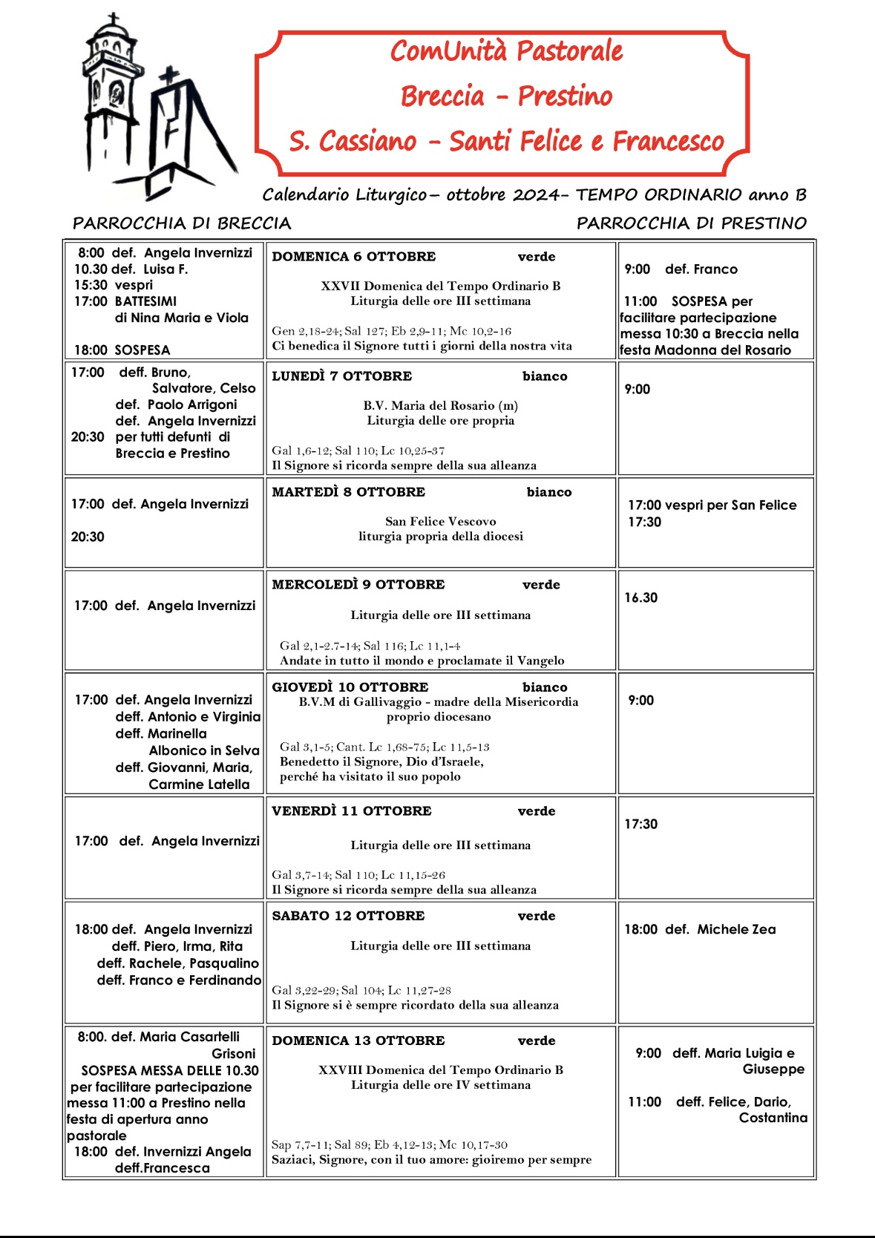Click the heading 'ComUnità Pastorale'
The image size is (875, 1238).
pos(506,51)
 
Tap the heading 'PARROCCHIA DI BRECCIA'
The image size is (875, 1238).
pos(182,223)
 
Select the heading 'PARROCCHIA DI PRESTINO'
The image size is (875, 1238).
pos(691,223)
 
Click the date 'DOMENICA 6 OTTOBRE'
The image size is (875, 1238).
pos(354,257)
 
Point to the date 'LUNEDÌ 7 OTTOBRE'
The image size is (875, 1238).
pos(341,376)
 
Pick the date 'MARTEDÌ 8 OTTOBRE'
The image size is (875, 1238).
pos(348,492)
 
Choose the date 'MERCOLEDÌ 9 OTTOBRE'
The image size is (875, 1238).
pos(358,585)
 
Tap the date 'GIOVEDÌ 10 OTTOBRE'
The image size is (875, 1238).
pos(350,687)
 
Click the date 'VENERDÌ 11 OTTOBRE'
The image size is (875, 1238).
pos(351,811)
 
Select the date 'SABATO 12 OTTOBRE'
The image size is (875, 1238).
pos(348,916)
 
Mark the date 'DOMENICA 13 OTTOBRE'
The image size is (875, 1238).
pos(358,1041)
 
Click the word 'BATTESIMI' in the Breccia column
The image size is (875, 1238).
pos(145,301)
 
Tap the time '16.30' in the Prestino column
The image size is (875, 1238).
pos(640,597)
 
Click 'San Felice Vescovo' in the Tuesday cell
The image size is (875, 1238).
pos(440,522)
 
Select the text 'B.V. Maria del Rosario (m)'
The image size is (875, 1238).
pos(440,405)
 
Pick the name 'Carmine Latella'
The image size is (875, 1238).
pos(199,785)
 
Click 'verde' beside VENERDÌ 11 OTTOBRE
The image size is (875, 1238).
pos(536,811)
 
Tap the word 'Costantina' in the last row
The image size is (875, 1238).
pos(773,1118)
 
